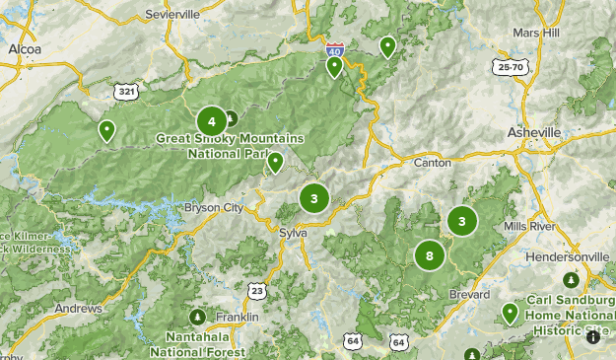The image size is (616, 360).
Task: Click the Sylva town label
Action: click(x=293, y=232)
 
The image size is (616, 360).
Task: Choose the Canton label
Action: click(x=432, y=162)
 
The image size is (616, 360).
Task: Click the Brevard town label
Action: click(x=468, y=294)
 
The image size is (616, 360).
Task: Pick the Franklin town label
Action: click(x=239, y=318)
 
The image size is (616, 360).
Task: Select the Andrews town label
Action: click(x=78, y=309)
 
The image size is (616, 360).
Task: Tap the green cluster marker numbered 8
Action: click(x=429, y=255)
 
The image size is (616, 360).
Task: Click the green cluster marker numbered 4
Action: click(x=211, y=121)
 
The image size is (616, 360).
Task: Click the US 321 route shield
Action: click(x=126, y=92)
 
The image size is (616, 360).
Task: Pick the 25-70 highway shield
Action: click(x=512, y=66)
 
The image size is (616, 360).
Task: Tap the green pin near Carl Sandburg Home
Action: click(x=510, y=314)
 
